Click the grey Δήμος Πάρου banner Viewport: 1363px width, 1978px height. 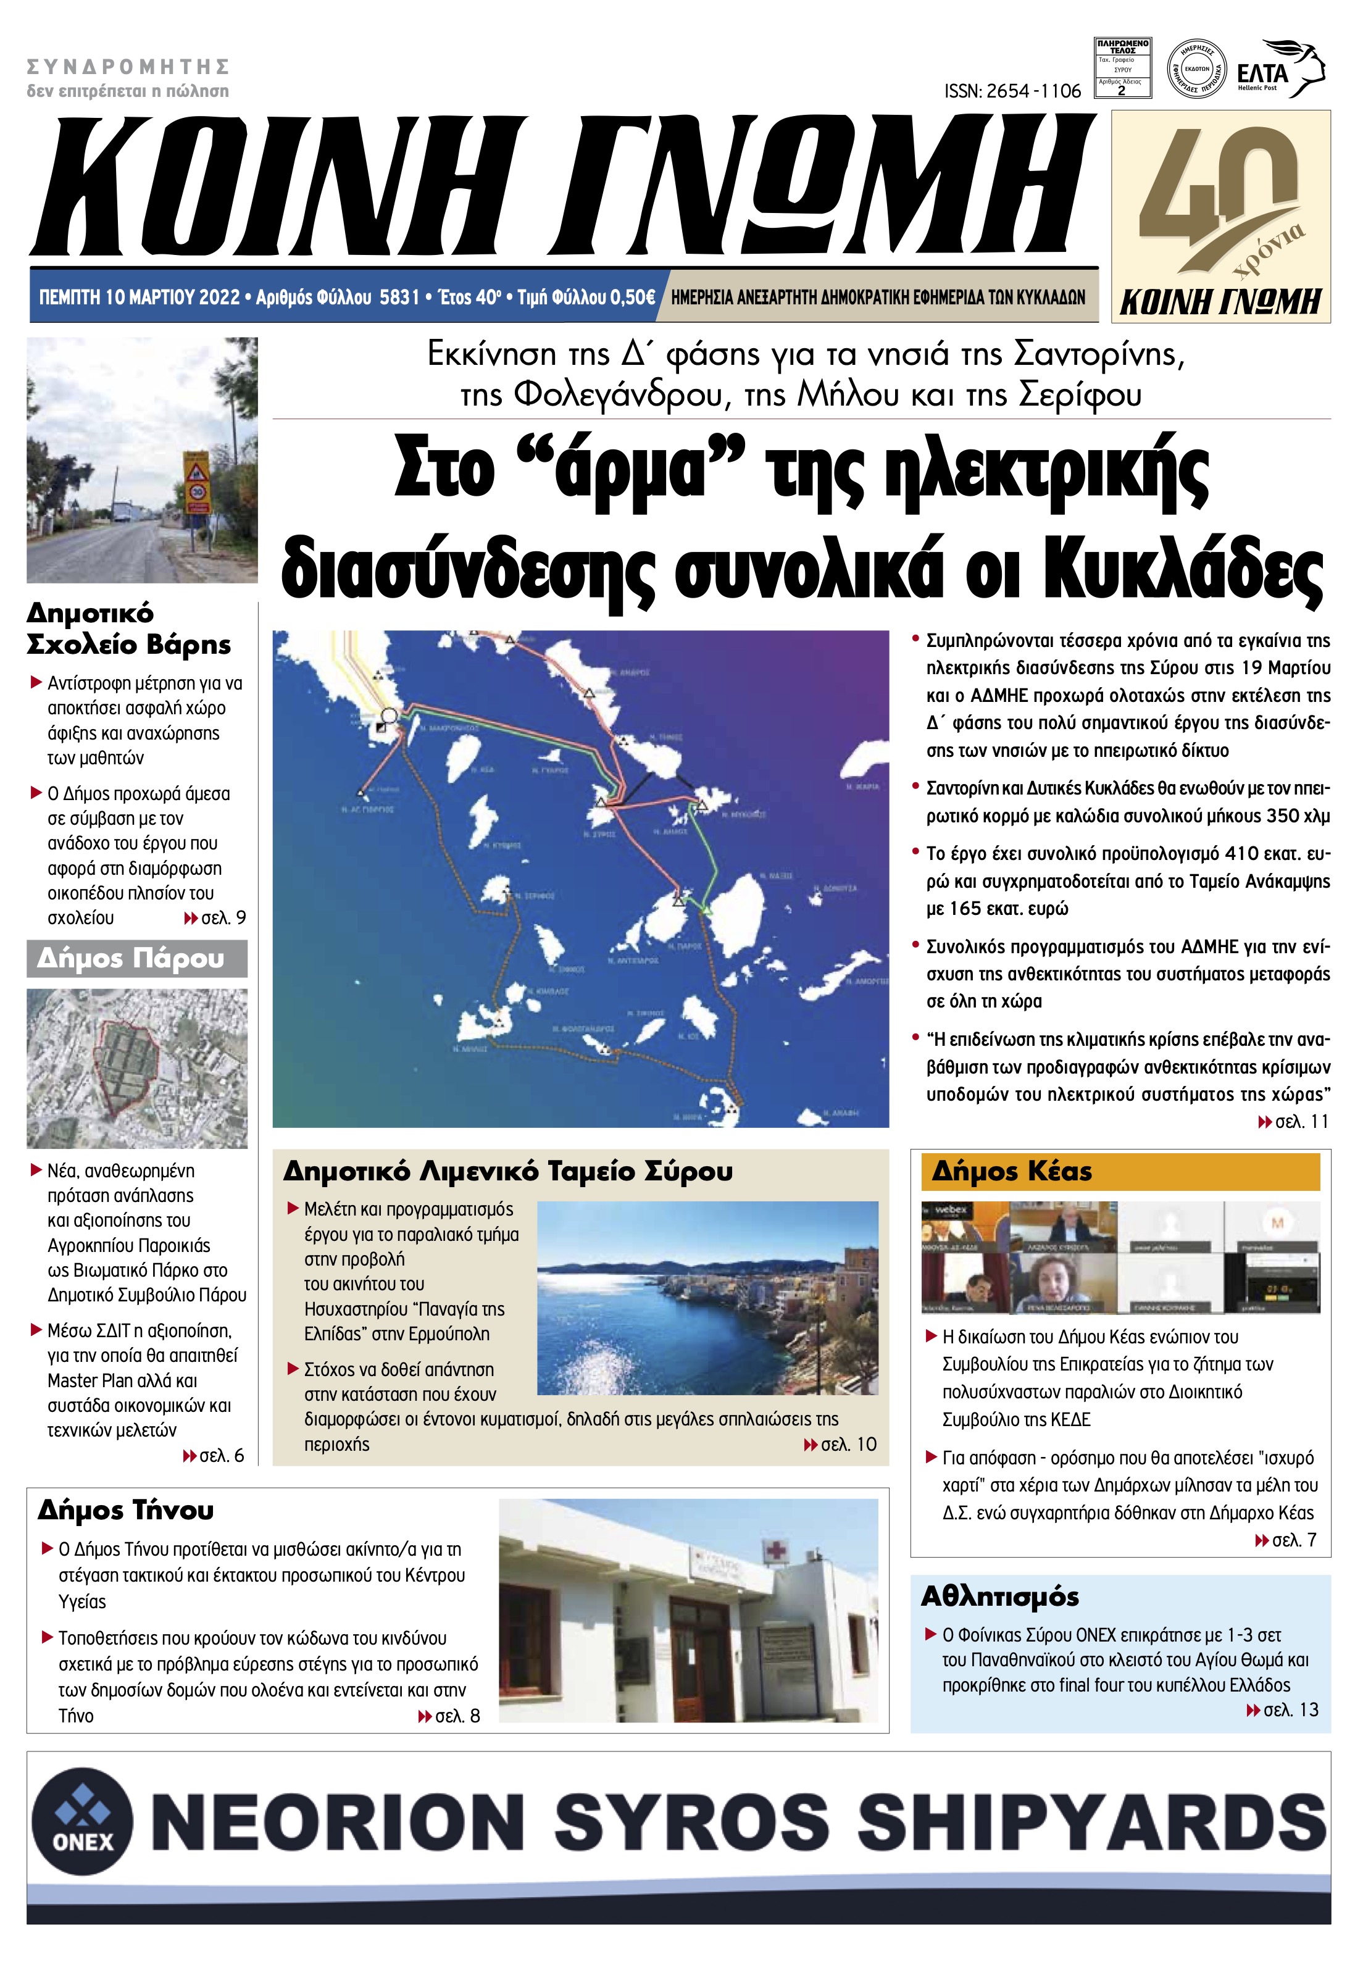tap(136, 958)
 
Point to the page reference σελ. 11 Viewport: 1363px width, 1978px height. tap(1293, 1121)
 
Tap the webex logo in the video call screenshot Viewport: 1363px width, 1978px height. tap(949, 1210)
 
